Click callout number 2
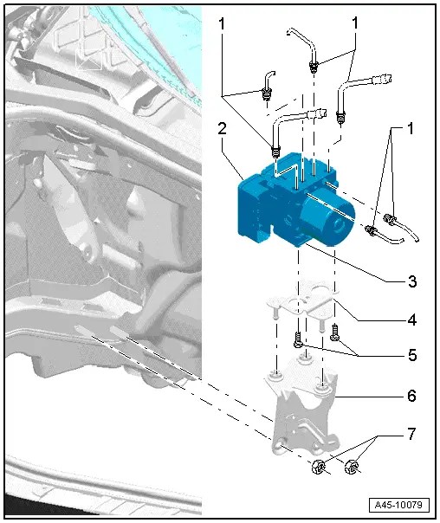(223, 129)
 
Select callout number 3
(412, 282)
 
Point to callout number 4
(412, 320)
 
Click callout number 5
(412, 355)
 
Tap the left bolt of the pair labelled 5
(298, 339)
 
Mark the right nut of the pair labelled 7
(352, 469)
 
